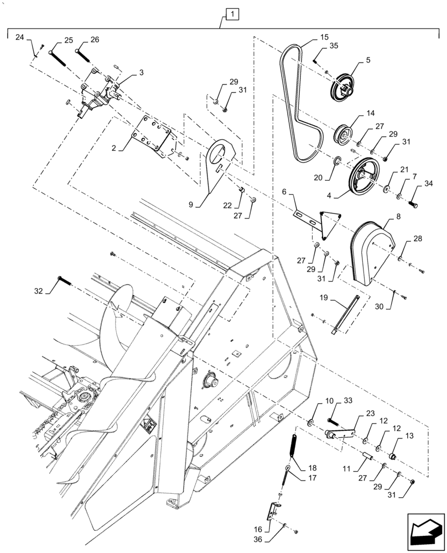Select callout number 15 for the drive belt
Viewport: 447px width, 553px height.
[x=324, y=37]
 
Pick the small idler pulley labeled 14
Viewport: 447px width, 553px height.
[x=343, y=135]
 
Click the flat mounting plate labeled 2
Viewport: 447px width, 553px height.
[x=152, y=136]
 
